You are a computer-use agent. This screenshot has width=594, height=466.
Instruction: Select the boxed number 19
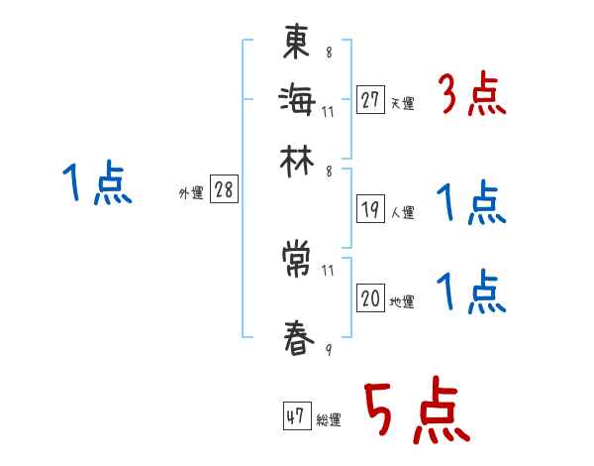[x=370, y=209]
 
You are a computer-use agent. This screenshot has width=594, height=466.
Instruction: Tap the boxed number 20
[x=370, y=298]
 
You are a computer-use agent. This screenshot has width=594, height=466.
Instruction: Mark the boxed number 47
[x=295, y=417]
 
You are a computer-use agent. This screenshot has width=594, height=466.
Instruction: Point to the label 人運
[x=402, y=212]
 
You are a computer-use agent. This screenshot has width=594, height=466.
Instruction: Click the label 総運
[x=328, y=420]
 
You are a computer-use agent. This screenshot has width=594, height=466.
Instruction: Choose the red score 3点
[x=471, y=97]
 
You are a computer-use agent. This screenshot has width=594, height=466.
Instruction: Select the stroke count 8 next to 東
[x=329, y=53]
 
